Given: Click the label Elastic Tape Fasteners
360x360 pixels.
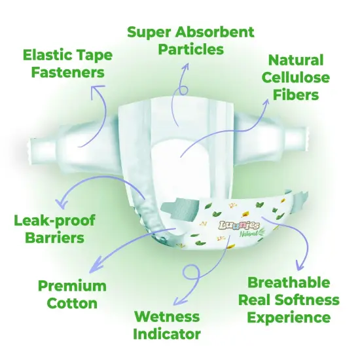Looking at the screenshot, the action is coord(67,63).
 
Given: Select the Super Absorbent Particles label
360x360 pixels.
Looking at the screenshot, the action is coord(190,41).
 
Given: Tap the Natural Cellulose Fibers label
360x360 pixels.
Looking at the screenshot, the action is coord(296,77).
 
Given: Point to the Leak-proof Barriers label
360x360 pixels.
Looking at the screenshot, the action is coord(54,229).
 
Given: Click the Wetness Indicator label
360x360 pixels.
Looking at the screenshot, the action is coord(167,325).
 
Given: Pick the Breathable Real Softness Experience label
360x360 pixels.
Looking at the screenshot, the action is coord(289,300).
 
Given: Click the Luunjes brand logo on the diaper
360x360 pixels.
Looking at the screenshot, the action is coord(240,226).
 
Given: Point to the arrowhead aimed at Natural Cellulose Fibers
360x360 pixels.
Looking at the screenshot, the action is coord(266,103).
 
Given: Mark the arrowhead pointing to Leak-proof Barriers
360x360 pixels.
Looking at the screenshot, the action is coord(62,203).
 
